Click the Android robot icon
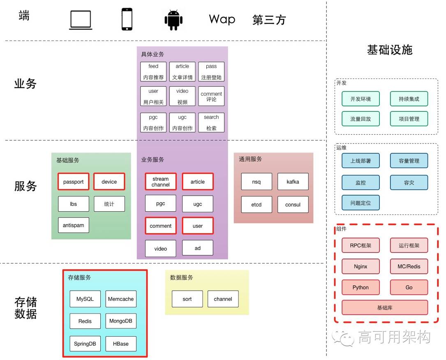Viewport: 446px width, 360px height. [173, 20]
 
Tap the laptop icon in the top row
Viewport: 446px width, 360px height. [81, 20]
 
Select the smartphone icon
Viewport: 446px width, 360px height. [127, 19]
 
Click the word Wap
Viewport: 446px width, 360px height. [222, 19]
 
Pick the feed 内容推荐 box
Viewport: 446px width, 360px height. [153, 72]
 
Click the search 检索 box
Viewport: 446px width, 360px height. [211, 122]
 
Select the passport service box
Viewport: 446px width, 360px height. [74, 182]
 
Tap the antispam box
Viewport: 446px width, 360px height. [74, 225]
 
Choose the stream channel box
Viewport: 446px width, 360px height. [160, 182]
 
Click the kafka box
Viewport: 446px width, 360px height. [293, 182]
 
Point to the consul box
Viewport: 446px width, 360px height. [293, 205]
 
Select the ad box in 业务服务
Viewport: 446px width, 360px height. [197, 248]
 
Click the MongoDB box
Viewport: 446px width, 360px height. [121, 321]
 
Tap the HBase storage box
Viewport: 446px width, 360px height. [121, 344]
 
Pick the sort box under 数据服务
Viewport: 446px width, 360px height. [187, 299]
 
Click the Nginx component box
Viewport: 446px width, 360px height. [360, 266]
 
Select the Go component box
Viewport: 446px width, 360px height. [409, 288]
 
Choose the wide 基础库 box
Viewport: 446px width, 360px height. [385, 308]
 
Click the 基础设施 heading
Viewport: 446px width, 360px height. [390, 50]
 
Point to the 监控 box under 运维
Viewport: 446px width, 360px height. [360, 182]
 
